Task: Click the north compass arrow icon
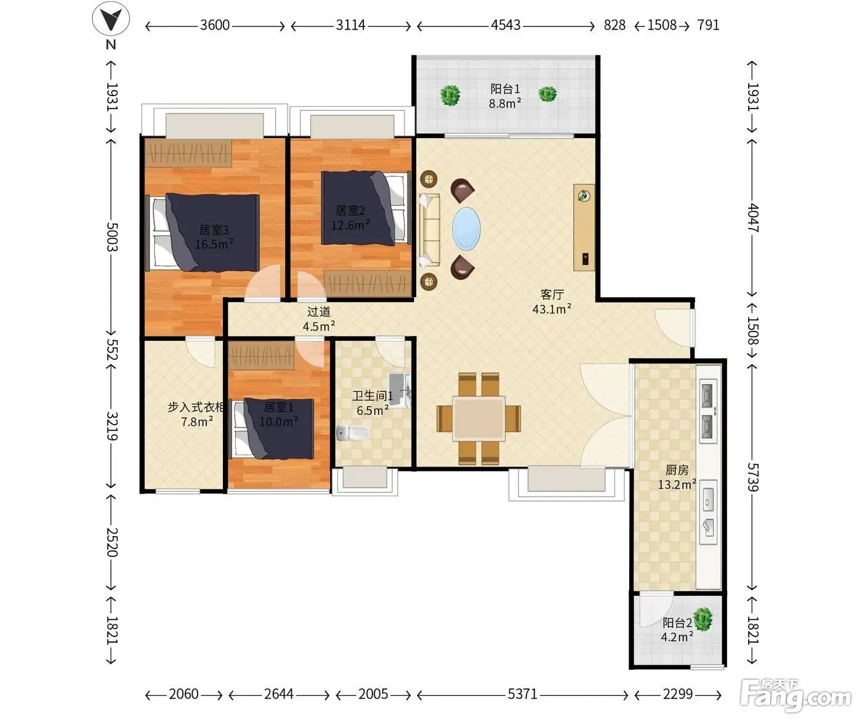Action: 111,18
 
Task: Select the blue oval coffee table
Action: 466,229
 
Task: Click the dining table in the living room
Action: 479,418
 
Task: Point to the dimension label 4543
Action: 506,25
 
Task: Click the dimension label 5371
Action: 522,694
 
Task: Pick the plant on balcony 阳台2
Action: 703,619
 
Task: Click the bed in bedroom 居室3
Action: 204,232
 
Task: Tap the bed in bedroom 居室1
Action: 272,428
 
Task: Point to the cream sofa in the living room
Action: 429,230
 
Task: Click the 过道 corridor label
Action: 319,312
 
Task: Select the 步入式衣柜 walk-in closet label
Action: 196,407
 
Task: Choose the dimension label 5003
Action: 112,237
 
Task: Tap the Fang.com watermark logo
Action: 796,696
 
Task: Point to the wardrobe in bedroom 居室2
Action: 368,283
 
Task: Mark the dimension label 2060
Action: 183,694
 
